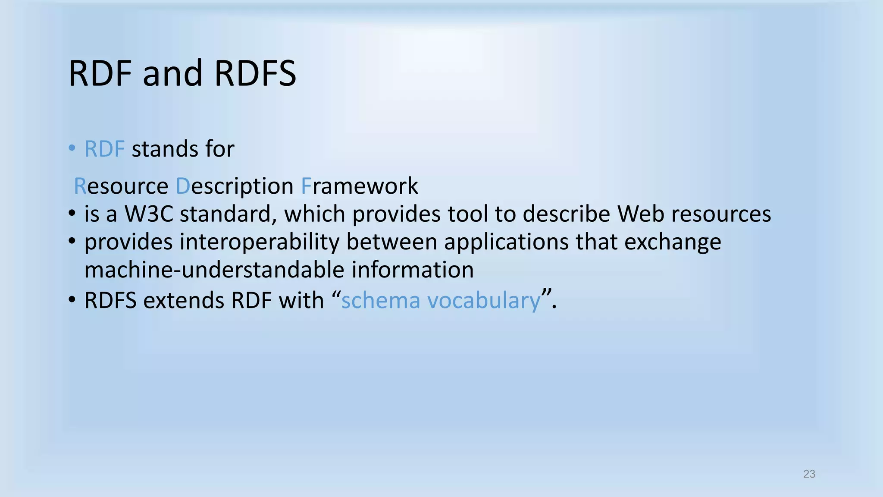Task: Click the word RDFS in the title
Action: point(255,73)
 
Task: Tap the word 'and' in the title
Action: point(172,73)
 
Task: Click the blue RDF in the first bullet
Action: point(104,149)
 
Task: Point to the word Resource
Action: point(121,186)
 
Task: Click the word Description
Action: point(235,186)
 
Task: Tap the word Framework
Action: point(360,186)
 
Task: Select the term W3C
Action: point(149,214)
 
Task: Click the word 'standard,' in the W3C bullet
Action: point(228,214)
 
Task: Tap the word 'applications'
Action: point(506,242)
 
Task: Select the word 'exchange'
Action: point(672,242)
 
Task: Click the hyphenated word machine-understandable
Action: point(214,270)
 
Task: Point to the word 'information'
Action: point(413,270)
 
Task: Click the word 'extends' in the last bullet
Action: point(184,301)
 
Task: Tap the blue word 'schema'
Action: point(380,301)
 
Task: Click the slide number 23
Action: point(809,474)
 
